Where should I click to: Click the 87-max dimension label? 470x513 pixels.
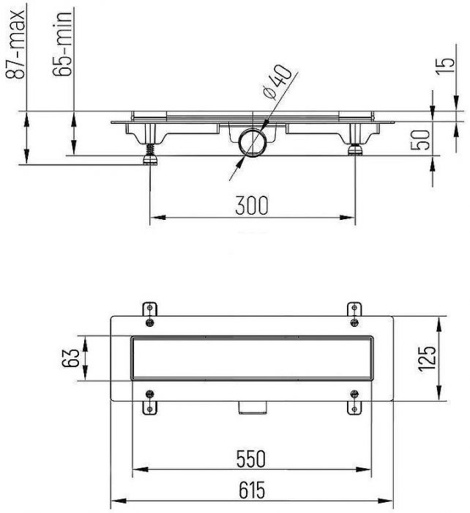[x=15, y=45]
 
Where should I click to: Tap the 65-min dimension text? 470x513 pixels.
[x=62, y=43]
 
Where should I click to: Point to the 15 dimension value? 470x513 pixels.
[x=446, y=67]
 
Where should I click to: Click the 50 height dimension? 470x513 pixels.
[x=420, y=140]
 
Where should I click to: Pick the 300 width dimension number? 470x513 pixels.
[x=252, y=205]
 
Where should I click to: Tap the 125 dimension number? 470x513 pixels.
[x=427, y=358]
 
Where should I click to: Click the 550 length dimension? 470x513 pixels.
[x=251, y=459]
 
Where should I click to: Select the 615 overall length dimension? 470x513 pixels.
[x=252, y=490]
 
